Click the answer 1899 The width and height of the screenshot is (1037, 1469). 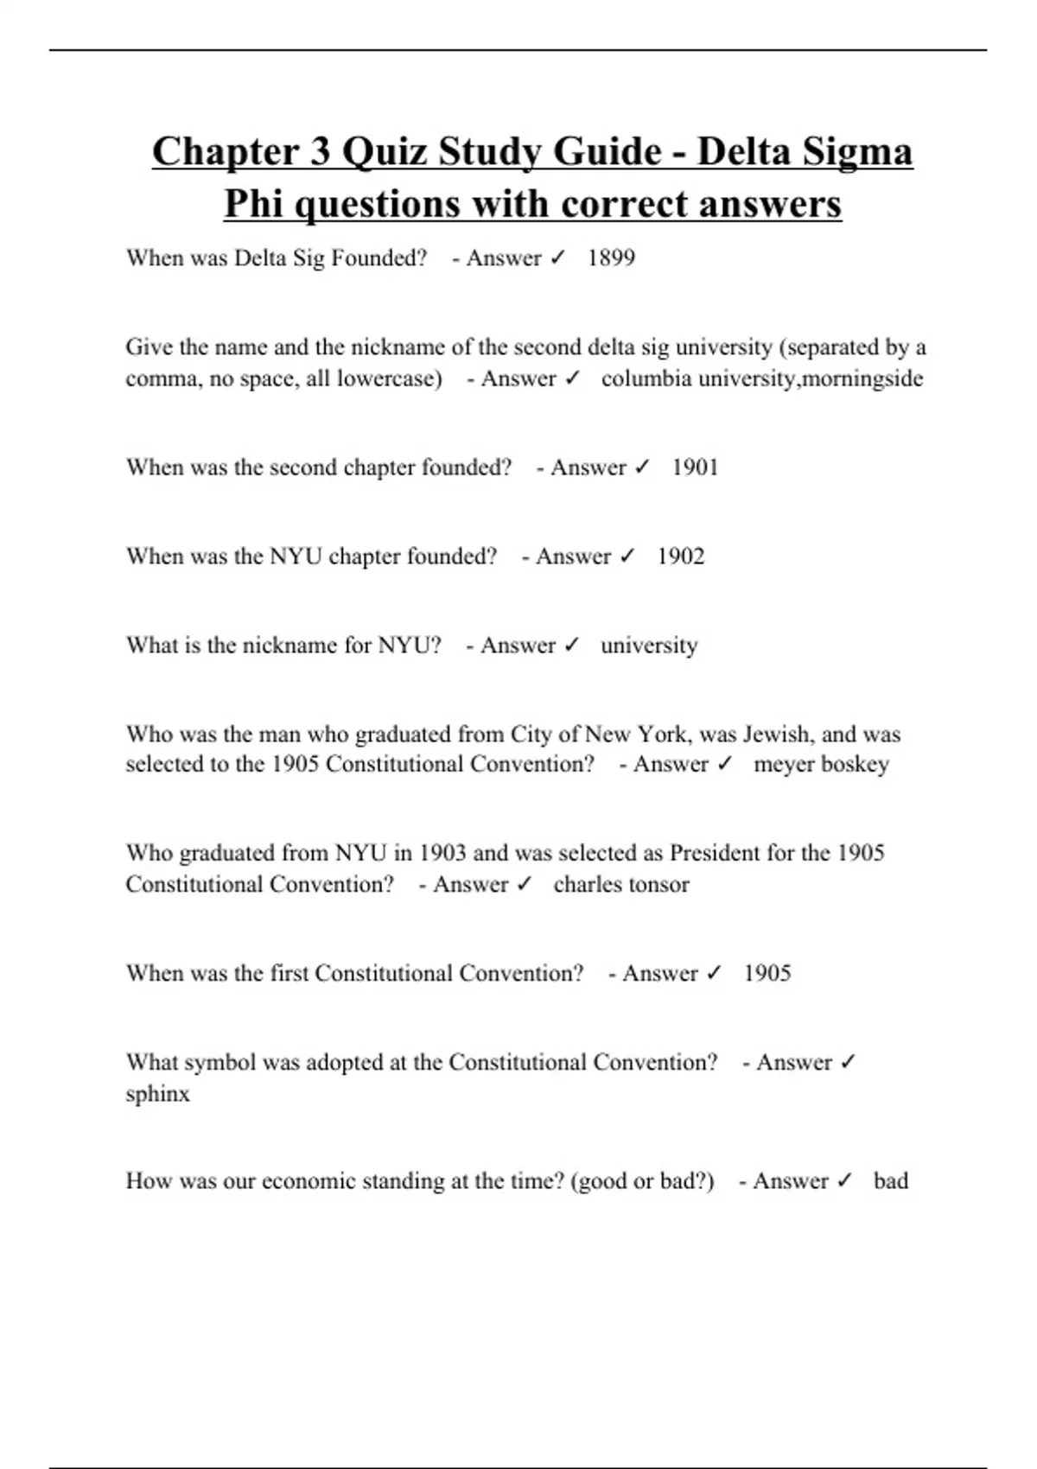point(611,258)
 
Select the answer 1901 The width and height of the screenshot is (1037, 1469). point(695,467)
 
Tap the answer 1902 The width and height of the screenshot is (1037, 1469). point(680,556)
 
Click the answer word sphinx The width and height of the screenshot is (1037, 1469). point(157,1094)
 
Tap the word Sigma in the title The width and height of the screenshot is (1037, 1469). point(853,152)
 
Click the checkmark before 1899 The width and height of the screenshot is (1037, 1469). point(557,258)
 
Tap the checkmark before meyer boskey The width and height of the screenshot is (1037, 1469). point(725,764)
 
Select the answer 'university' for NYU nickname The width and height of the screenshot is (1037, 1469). point(649,645)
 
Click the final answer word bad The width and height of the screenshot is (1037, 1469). point(890,1181)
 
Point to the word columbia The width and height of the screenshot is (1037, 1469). point(638,378)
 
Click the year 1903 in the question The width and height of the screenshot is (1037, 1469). point(442,854)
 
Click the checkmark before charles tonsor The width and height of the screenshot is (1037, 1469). point(524,884)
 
